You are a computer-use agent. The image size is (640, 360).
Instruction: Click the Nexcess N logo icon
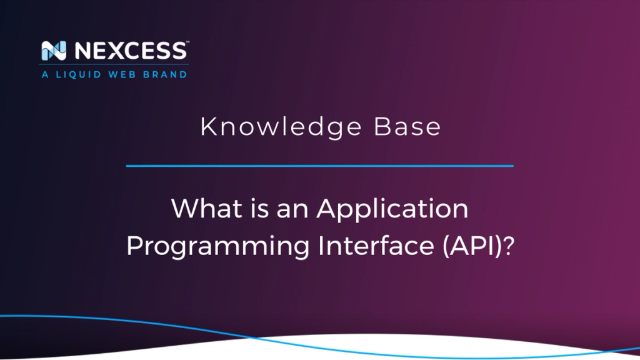(x=51, y=51)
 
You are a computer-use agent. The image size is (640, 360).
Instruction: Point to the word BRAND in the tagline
(x=167, y=74)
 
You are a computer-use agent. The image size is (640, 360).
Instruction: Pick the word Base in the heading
(x=407, y=127)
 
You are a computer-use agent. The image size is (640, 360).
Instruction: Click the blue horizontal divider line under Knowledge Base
(x=319, y=166)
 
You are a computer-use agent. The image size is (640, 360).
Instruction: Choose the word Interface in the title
(x=372, y=245)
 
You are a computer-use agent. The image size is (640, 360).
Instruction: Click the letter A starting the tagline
(x=44, y=74)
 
